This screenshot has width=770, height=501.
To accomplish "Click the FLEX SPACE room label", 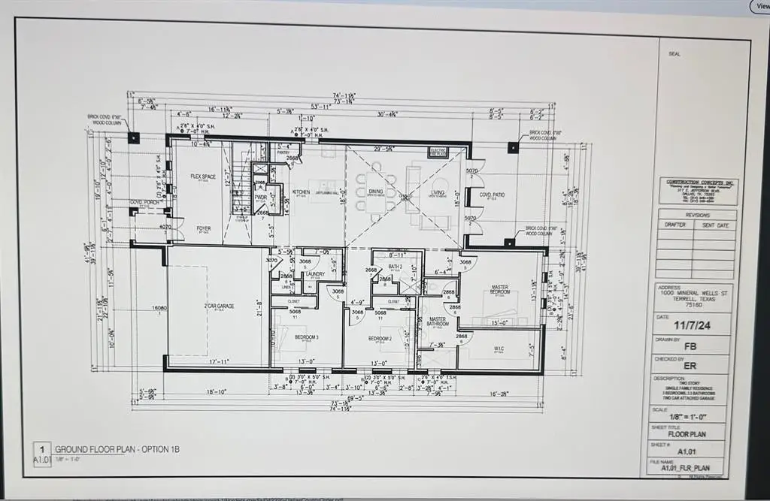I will click(203, 177).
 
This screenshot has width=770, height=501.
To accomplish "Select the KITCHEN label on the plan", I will click(301, 192).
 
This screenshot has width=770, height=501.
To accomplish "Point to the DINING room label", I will click(376, 192).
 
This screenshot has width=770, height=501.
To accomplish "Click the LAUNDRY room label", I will click(315, 274).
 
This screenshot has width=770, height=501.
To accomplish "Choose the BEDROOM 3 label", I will click(306, 337).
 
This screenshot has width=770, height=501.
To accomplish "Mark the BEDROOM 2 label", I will click(378, 339).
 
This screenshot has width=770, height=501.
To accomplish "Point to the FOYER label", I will click(204, 228).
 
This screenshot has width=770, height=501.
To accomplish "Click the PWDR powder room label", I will click(261, 197).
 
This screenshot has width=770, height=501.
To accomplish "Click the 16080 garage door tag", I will click(158, 308).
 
